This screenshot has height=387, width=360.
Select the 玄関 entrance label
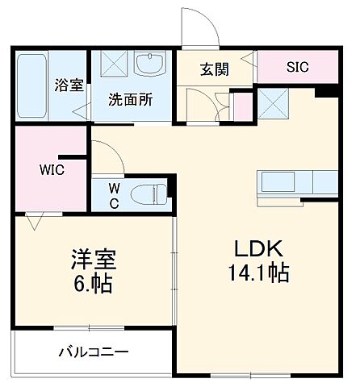pyautogui.click(x=214, y=69)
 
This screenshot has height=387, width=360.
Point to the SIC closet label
pyautogui.click(x=297, y=68)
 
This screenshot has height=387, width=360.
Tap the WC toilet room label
pyautogui.click(x=114, y=196)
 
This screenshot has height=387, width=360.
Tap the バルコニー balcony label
pyautogui.click(x=93, y=352)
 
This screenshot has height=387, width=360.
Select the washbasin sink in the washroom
pyautogui.click(x=150, y=67)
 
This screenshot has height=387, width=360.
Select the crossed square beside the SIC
pyautogui.click(x=271, y=103)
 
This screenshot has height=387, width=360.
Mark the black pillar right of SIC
pyautogui.click(x=325, y=92)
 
